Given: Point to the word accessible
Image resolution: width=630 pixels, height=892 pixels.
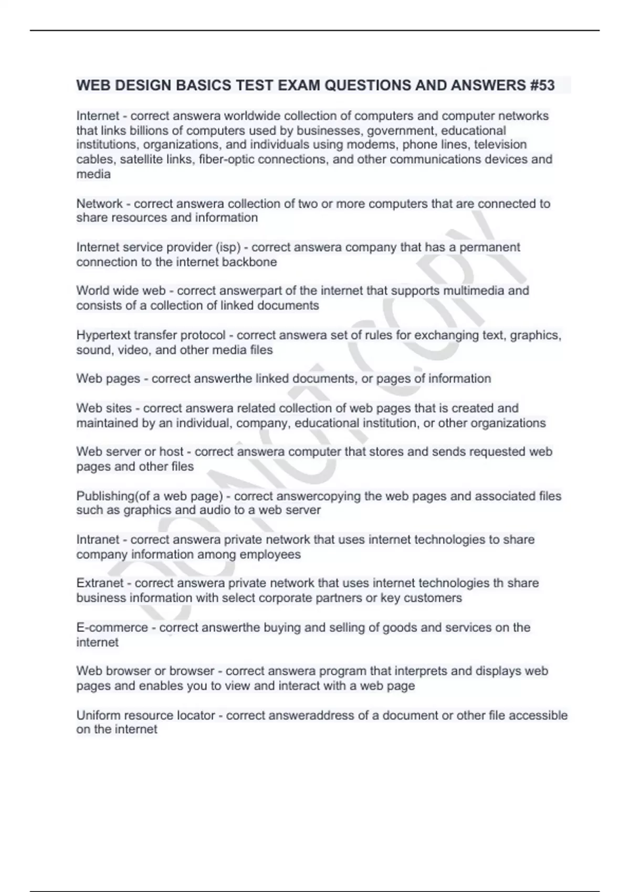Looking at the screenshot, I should (x=538, y=715).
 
